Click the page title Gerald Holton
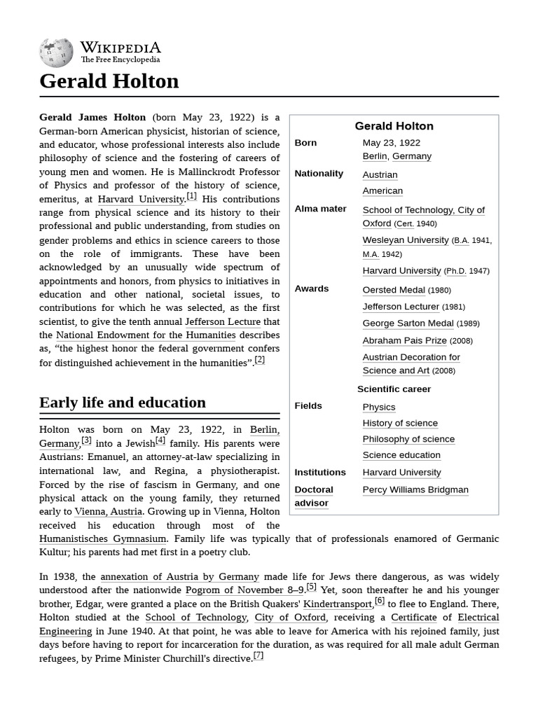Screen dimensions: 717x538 coord(109,81)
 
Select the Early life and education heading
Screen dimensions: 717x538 coord(123,403)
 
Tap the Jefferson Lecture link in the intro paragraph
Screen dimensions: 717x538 coord(222,321)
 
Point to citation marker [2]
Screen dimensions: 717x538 coord(260,360)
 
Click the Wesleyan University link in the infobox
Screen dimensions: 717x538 coord(405,240)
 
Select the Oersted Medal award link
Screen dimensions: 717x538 coord(393,290)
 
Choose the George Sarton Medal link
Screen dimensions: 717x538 coord(408,323)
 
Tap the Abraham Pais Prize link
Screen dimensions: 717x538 coord(404,340)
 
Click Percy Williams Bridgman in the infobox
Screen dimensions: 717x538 coord(415,489)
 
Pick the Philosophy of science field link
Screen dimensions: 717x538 coord(408,439)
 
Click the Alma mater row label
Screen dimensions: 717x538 coord(320,209)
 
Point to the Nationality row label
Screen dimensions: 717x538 coord(319,174)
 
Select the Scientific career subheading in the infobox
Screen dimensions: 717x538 coord(394,389)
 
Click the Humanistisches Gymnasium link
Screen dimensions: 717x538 coord(103,538)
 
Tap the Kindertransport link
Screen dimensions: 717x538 coord(338,604)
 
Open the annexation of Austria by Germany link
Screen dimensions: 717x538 coord(179,577)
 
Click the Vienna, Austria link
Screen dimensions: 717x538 coord(109,512)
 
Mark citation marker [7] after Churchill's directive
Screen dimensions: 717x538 coord(258,656)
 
